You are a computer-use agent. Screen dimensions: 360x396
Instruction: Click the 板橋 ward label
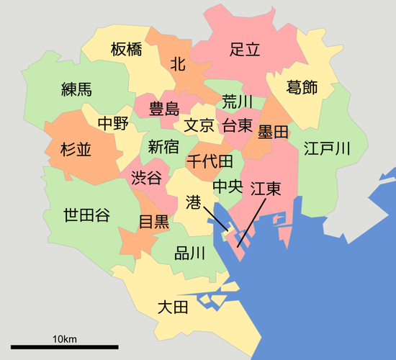point(126,50)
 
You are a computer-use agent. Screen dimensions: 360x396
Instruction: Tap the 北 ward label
point(178,64)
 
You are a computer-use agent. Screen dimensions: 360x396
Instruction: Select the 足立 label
point(244,50)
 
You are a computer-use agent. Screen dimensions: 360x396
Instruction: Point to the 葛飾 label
point(302,88)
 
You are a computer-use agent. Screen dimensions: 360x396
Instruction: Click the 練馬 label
point(76,90)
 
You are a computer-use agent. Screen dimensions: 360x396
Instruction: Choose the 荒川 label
point(237,101)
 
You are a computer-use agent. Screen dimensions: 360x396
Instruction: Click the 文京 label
point(199,125)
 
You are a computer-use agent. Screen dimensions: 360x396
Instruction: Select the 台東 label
point(237,125)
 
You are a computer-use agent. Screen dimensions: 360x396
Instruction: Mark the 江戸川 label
point(326,149)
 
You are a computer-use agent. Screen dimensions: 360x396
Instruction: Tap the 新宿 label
point(163,148)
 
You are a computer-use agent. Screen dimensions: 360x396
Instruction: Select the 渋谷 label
point(146,179)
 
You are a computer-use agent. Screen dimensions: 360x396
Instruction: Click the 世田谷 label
point(86,215)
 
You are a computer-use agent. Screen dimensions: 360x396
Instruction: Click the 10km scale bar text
point(65,338)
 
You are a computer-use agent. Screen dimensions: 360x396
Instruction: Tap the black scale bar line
point(65,347)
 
